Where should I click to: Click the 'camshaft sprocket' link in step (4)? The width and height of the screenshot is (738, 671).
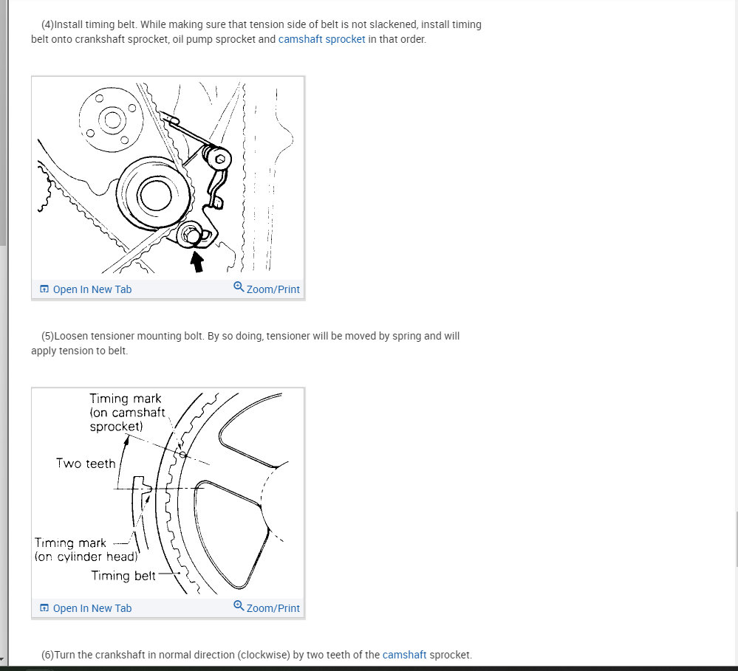pos(321,39)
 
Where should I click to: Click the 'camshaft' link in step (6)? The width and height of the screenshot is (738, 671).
pos(404,655)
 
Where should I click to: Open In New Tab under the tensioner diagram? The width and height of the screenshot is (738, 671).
pos(86,289)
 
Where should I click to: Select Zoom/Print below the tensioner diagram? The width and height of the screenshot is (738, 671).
pos(267,288)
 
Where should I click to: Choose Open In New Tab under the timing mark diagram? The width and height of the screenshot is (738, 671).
pos(86,608)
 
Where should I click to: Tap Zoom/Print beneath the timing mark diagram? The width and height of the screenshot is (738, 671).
pos(267,607)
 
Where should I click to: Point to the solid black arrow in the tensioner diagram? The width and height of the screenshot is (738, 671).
pos(197,261)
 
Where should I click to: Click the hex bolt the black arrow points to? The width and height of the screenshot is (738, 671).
pos(191,233)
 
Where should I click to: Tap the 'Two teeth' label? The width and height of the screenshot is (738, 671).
pos(86,463)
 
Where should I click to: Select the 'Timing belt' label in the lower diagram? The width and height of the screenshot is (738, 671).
pos(123,576)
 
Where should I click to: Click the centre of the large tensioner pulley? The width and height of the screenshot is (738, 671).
pos(155,195)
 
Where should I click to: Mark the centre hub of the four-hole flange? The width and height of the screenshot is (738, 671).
pos(112,120)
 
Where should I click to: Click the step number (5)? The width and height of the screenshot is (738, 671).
pos(47,336)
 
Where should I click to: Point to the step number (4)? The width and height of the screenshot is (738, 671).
pos(47,24)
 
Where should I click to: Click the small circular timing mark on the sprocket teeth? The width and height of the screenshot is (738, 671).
pos(182,455)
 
